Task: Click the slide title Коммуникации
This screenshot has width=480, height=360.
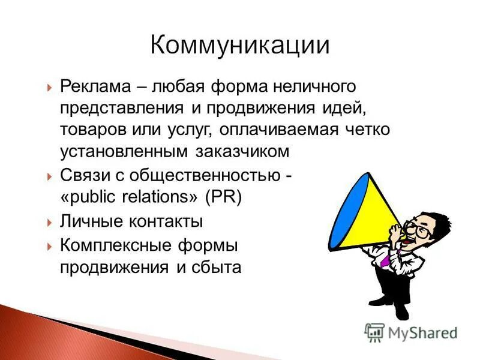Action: coord(239,46)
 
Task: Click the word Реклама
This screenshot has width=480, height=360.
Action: coord(96,88)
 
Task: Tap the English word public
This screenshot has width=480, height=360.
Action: coord(89,197)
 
